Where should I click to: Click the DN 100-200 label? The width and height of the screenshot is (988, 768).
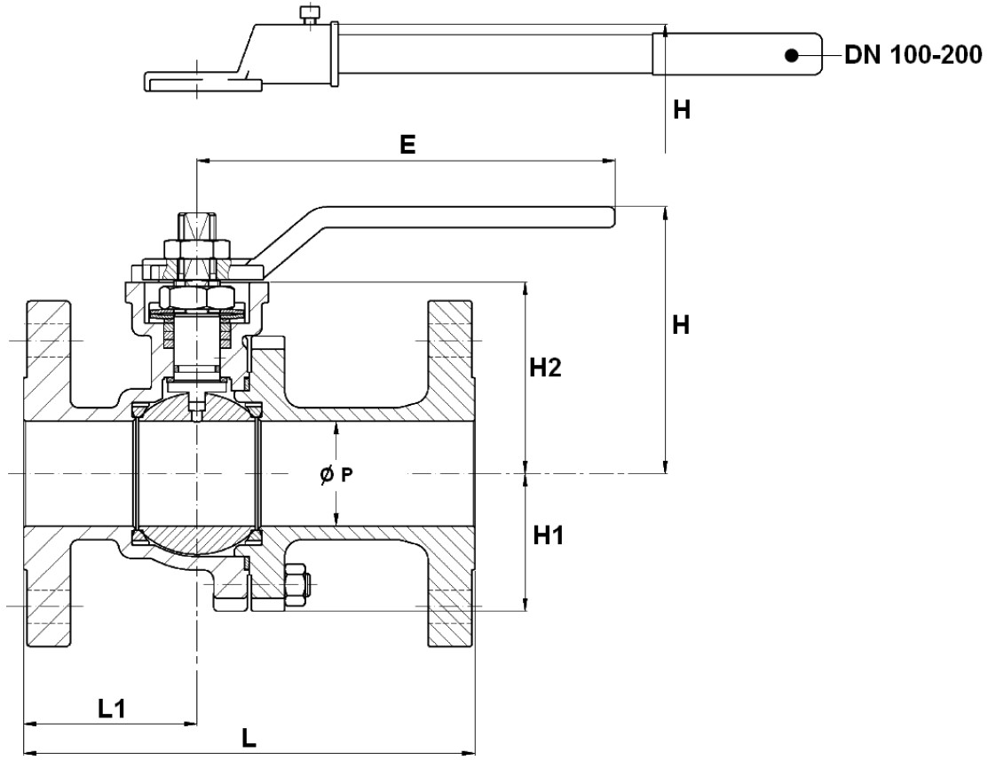[x=913, y=56]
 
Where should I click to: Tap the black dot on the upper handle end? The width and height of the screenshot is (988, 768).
[x=789, y=56]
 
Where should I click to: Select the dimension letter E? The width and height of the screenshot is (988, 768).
[x=407, y=146]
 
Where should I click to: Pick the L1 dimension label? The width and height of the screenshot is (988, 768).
[x=113, y=708]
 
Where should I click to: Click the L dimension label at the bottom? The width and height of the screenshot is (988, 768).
[x=249, y=739]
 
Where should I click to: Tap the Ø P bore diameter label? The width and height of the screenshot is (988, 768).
[x=336, y=475]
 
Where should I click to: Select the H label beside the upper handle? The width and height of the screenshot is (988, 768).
[x=682, y=110]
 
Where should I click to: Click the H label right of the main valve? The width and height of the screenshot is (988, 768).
[x=682, y=326]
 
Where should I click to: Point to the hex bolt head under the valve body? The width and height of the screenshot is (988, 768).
[x=297, y=587]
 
